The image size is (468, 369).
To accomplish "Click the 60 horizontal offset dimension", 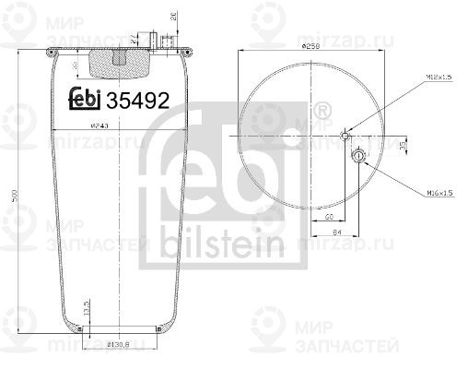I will point(330,215).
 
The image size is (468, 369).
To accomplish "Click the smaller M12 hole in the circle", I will point(345,137).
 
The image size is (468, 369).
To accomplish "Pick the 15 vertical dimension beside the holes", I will point(403,146).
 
